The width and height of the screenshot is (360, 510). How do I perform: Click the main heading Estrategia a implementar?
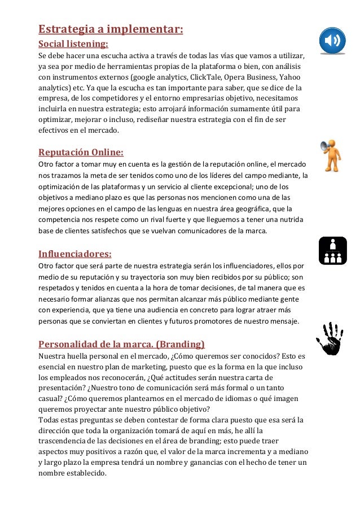111,28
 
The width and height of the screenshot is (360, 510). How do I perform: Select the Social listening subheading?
73,43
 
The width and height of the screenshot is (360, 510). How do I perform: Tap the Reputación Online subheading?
81,152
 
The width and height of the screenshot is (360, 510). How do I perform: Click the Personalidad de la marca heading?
121,343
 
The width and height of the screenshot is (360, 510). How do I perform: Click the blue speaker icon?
332,40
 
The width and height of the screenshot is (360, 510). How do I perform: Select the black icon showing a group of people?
332,251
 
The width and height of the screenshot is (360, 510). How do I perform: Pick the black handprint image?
331,338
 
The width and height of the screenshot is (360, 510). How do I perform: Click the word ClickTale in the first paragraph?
205,77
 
